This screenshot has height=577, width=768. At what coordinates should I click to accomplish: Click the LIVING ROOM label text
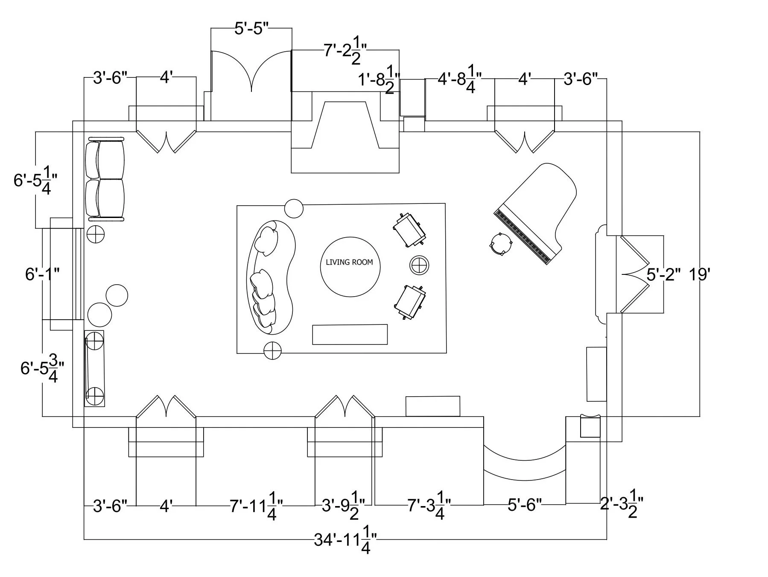(x=349, y=262)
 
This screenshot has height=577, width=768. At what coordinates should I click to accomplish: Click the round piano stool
(x=500, y=244)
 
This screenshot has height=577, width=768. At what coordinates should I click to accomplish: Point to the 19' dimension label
(x=699, y=275)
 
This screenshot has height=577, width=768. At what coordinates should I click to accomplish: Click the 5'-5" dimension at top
(x=251, y=29)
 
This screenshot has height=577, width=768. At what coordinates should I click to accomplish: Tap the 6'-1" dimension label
(x=42, y=274)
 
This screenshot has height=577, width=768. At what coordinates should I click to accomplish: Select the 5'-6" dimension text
(x=524, y=505)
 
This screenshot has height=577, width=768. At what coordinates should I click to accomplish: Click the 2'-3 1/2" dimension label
(x=621, y=506)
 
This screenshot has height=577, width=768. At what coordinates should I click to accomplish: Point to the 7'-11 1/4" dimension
(x=256, y=507)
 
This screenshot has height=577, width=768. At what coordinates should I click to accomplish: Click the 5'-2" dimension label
(x=663, y=275)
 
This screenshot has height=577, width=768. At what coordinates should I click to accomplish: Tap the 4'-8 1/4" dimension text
(x=460, y=79)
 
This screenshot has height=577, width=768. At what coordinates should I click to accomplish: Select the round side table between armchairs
(x=419, y=265)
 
